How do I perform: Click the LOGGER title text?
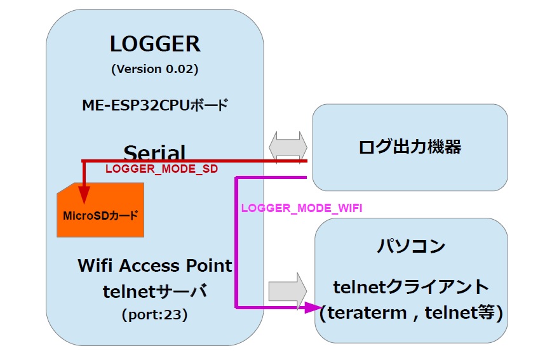(x=155, y=44)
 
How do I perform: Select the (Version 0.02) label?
(x=155, y=69)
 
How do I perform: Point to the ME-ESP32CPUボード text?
(x=155, y=105)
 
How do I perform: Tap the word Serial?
(x=155, y=152)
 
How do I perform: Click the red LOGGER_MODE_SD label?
(x=161, y=170)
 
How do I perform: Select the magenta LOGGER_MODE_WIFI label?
(x=302, y=208)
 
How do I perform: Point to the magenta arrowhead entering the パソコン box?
(x=311, y=308)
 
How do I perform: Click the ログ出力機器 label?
(x=410, y=147)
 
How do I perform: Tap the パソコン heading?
(x=411, y=246)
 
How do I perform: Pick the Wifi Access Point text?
(x=155, y=265)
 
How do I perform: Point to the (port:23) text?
(x=155, y=314)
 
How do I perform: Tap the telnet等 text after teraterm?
(x=463, y=313)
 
